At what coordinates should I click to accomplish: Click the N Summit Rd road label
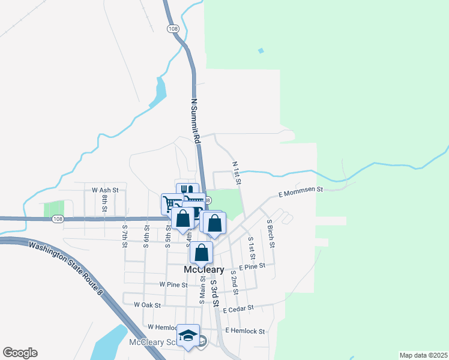(x=195, y=120)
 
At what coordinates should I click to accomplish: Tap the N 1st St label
(x=237, y=172)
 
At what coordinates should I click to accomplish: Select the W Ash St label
(x=106, y=190)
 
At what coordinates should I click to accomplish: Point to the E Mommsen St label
(x=301, y=192)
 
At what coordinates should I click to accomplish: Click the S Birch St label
(x=271, y=233)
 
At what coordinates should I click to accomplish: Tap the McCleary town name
(x=203, y=270)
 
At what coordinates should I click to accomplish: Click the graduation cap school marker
(x=188, y=335)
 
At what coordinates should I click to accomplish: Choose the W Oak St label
(x=147, y=305)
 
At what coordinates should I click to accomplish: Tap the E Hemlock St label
(x=245, y=331)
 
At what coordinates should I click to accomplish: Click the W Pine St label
(x=173, y=284)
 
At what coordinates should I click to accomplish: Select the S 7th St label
(x=125, y=235)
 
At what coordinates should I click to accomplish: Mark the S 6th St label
(x=146, y=235)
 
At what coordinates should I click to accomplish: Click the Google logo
(x=20, y=353)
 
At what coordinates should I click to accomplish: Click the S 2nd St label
(x=234, y=282)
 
